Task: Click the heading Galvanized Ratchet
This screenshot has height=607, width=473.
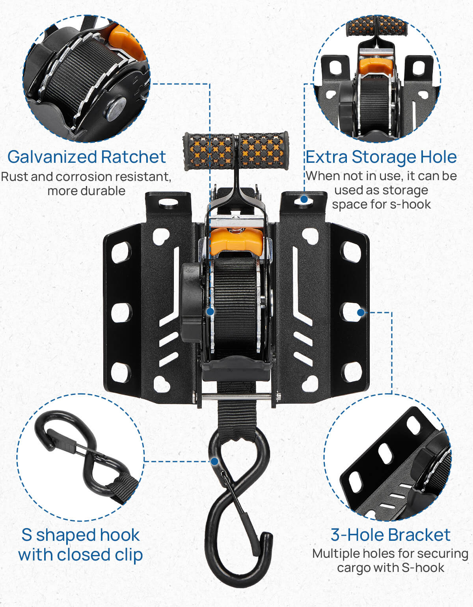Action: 86,157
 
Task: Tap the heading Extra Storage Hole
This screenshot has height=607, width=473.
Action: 381,157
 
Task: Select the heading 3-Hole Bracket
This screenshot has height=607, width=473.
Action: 390,535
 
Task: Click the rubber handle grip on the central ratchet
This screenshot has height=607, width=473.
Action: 236,151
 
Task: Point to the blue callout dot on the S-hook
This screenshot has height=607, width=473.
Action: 214,461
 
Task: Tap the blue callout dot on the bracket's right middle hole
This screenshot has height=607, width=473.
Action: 361,313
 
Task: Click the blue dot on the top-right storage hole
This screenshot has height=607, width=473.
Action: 304,199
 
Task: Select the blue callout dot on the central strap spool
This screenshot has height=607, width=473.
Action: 210,311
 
